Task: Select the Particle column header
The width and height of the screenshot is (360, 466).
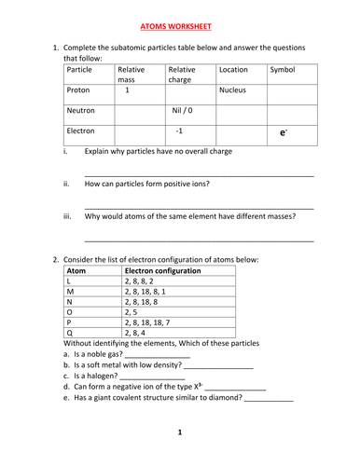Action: point(80,70)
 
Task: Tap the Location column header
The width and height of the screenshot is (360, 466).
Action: point(235,70)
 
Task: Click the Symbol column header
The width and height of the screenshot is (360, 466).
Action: point(282,70)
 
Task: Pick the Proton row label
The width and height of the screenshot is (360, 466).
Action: point(80,91)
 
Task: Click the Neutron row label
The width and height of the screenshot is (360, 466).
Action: point(82,111)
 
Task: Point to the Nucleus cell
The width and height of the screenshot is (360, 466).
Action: point(235,91)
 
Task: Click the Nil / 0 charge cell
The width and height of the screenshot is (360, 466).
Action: point(183,111)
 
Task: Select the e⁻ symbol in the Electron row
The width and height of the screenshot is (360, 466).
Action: point(283,133)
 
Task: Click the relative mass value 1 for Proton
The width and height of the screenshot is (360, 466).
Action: point(127,91)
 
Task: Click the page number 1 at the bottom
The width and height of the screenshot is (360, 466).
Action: point(180,432)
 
